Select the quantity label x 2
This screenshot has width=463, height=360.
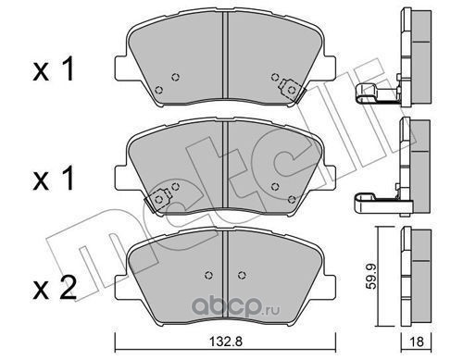click(x=55, y=288)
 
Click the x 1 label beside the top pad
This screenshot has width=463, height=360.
click(x=54, y=69)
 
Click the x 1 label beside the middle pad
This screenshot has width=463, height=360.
click(x=54, y=179)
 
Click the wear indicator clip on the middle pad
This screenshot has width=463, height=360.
click(x=158, y=200)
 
